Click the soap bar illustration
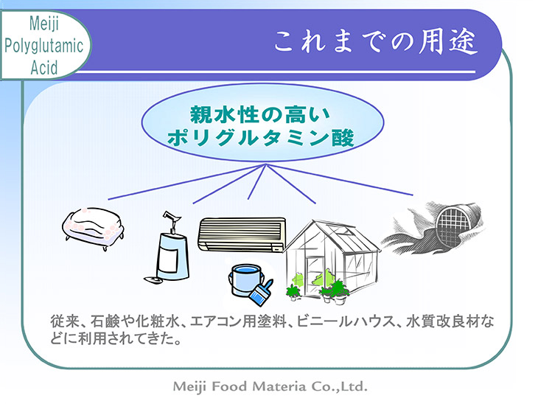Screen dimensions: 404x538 92,226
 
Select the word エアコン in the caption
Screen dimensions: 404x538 214,321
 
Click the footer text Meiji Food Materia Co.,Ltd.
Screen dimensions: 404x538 269,386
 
